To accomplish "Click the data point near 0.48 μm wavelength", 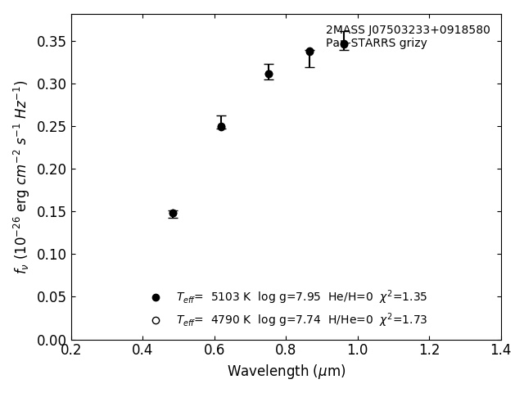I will pyautogui.click(x=173, y=214).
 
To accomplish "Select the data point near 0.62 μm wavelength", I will pyautogui.click(x=221, y=126).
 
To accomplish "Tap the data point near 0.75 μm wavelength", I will pyautogui.click(x=269, y=74).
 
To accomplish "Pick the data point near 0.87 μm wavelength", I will pyautogui.click(x=309, y=52).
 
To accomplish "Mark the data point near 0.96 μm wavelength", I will pyautogui.click(x=344, y=44).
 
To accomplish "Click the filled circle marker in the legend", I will pyautogui.click(x=156, y=297).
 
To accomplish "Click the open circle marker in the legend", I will pyautogui.click(x=156, y=320).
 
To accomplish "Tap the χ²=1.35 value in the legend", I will pyautogui.click(x=403, y=296).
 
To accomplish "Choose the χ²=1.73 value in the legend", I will pyautogui.click(x=403, y=319).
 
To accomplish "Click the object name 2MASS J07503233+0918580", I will pyautogui.click(x=408, y=30).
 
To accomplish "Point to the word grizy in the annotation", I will pyautogui.click(x=411, y=43).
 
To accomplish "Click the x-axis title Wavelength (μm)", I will pyautogui.click(x=287, y=372).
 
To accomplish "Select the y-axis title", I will pyautogui.click(x=21, y=177).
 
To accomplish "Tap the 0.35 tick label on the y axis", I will pyautogui.click(x=51, y=42).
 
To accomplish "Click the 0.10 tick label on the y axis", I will pyautogui.click(x=51, y=255).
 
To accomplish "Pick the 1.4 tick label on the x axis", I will pyautogui.click(x=501, y=350).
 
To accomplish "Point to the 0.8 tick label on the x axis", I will pyautogui.click(x=286, y=350).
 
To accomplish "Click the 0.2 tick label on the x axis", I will pyautogui.click(x=71, y=350).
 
